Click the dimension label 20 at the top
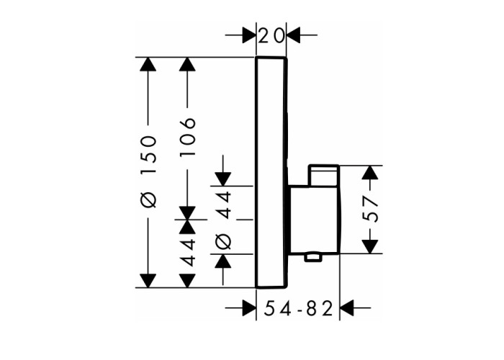[271, 35]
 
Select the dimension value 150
[148, 154]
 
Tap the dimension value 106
[188, 137]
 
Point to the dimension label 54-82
[297, 309]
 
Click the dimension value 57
[370, 209]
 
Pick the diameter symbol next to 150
[148, 199]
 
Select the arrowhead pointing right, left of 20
[249, 35]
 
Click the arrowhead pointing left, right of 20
[294, 35]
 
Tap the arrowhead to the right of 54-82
[347, 308]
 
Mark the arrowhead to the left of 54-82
[249, 308]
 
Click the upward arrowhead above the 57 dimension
[370, 173]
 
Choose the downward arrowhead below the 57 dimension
[370, 246]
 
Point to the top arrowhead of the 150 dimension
[148, 64]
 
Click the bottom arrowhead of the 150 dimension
[148, 281]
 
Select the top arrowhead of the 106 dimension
[187, 64]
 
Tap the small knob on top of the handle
[324, 175]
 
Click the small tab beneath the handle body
[313, 257]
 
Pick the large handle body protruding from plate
[314, 219]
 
